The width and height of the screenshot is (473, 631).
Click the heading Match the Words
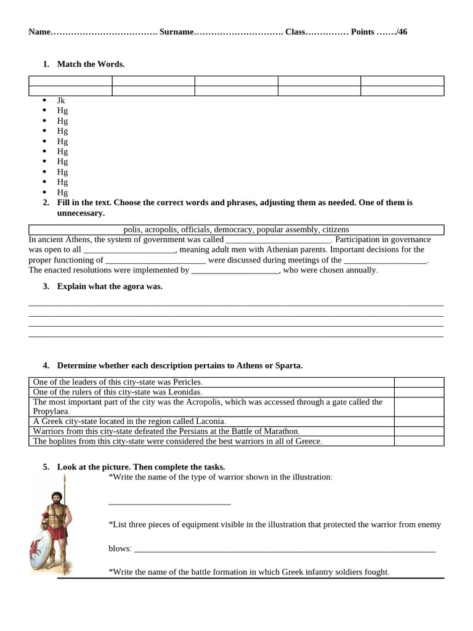point(91,64)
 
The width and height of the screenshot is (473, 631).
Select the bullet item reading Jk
point(61,100)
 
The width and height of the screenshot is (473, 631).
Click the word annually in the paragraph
point(360,270)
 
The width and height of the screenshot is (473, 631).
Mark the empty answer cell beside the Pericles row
point(419,382)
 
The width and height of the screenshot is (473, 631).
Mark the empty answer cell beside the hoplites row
point(419,441)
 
